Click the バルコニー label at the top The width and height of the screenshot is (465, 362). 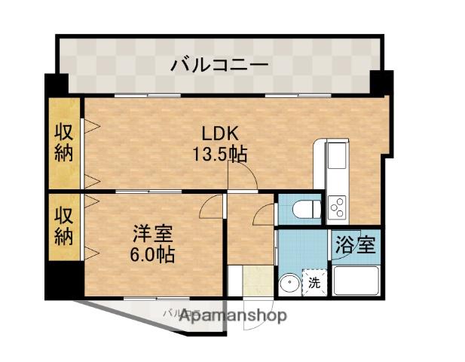219,65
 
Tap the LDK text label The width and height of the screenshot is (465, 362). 219,134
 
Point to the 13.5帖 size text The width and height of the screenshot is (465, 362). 219,155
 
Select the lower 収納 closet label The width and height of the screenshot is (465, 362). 64,226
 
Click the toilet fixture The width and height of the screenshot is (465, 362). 306,208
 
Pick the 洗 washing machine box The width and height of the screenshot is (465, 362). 314,284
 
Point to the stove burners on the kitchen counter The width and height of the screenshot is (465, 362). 336,204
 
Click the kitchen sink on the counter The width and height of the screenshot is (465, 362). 336,158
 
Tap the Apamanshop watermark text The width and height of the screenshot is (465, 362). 233,316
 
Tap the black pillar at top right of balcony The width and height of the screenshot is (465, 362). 381,81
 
